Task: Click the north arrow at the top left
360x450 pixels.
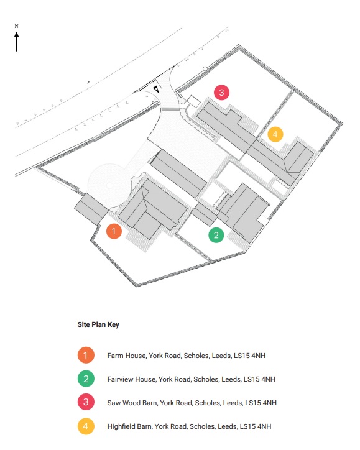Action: coord(17,42)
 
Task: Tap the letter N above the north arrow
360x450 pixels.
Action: coord(16,26)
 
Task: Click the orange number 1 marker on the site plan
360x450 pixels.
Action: coord(114,231)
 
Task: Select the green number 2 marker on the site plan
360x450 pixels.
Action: coord(216,235)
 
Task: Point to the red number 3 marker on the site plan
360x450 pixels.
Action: coord(221,93)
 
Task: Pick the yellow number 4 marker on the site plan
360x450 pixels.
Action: coord(275,134)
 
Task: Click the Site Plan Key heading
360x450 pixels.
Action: coord(98,324)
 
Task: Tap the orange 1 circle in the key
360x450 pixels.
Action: coord(86,356)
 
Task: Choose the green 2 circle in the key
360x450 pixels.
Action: coord(86,379)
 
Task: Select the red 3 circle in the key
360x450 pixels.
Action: coord(86,402)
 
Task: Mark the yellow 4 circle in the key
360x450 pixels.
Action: coord(86,426)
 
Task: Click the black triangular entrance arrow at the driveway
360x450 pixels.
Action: coord(157,90)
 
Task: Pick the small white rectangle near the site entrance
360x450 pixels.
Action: coord(193,102)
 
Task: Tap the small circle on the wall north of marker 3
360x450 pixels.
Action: coord(205,68)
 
